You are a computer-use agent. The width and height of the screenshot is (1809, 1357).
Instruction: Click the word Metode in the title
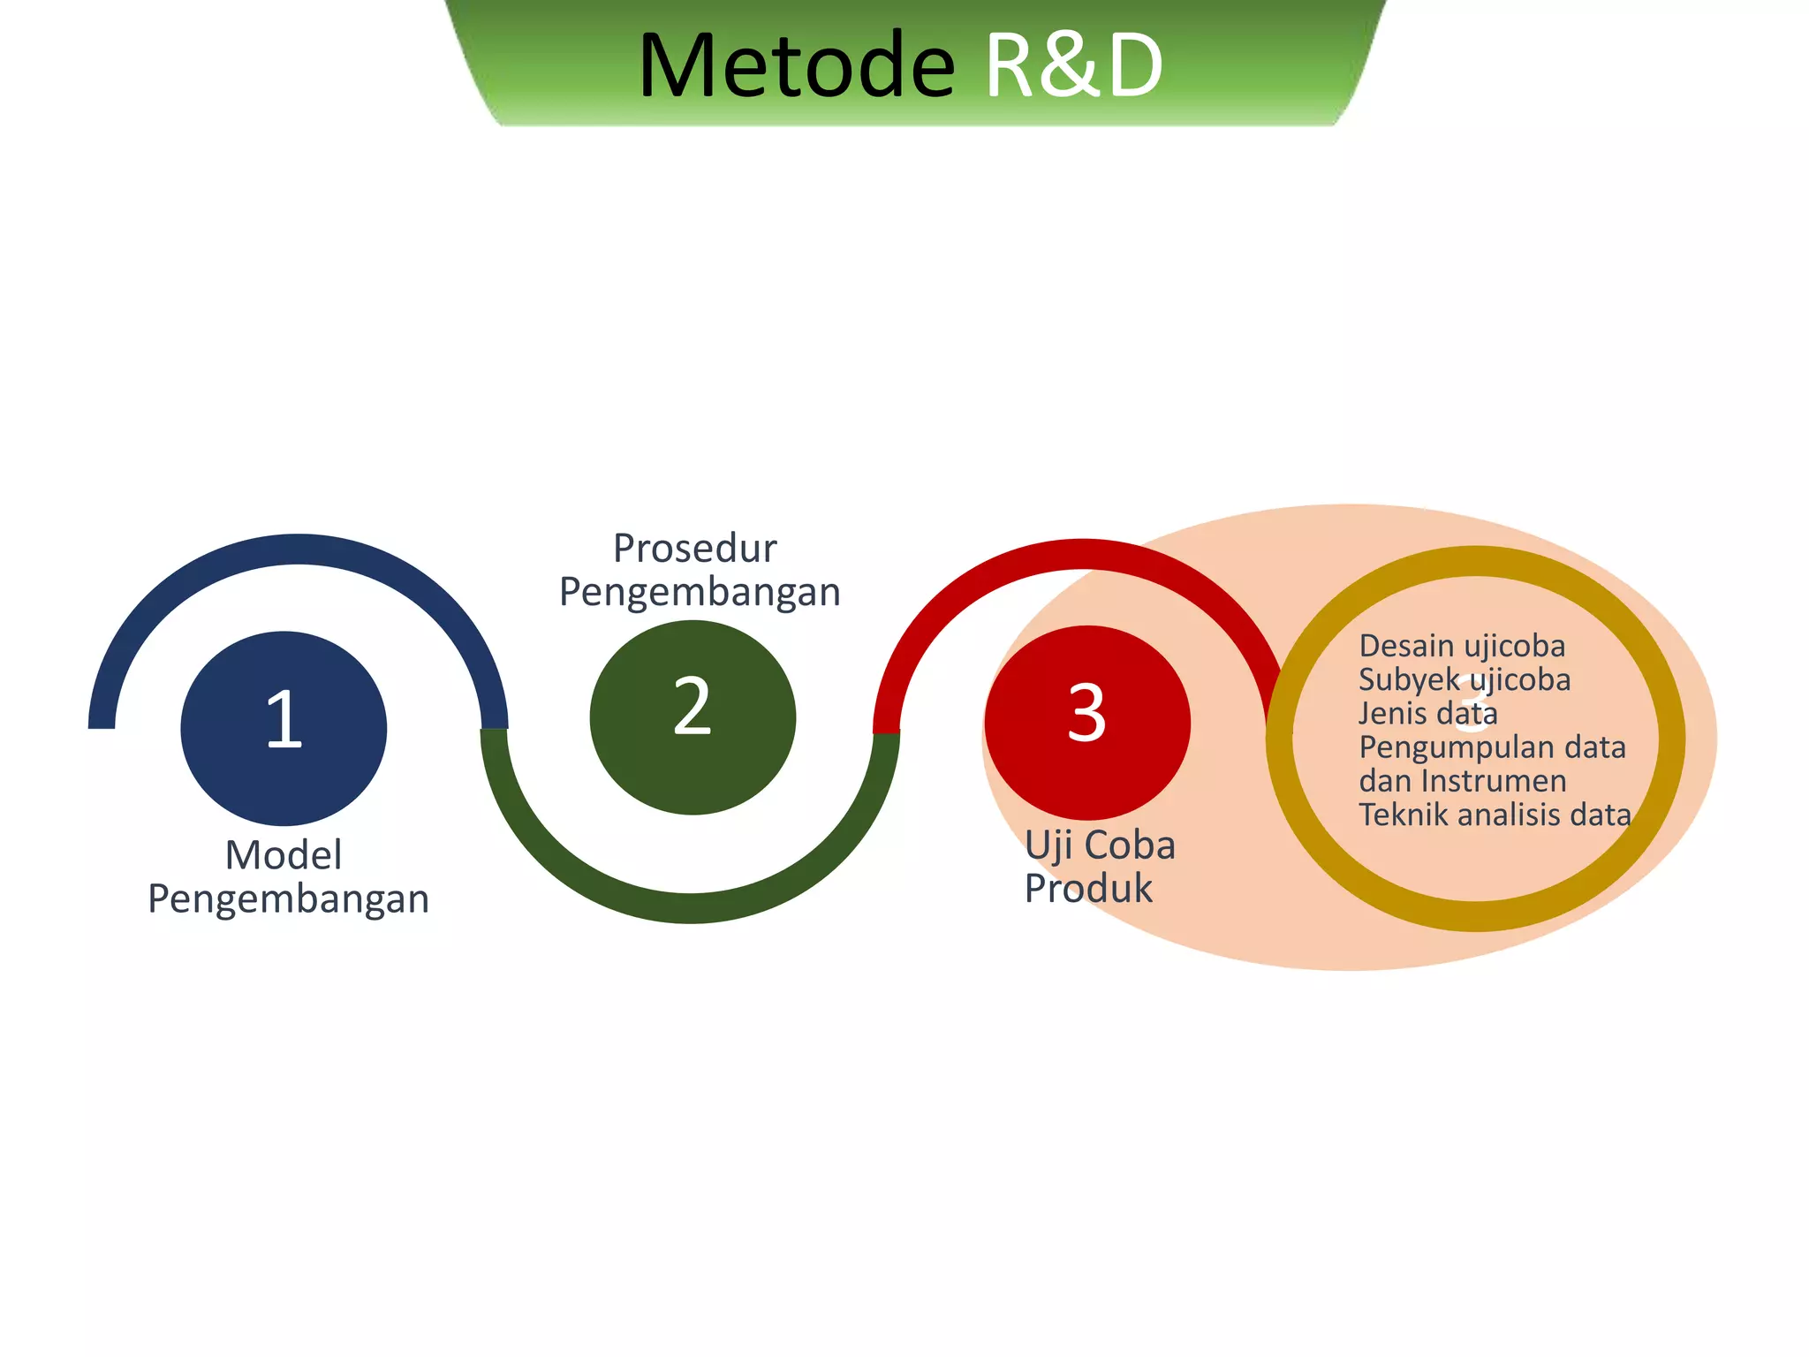click(796, 66)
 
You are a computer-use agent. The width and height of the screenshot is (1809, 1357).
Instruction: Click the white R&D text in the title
click(1073, 66)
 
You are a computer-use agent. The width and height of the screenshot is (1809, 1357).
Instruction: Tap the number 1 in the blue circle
click(284, 720)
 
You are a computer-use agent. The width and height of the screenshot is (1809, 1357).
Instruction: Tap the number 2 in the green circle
click(692, 707)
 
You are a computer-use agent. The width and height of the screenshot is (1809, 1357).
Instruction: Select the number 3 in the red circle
click(1086, 714)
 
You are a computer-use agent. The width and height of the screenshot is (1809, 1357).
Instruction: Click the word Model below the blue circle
click(284, 855)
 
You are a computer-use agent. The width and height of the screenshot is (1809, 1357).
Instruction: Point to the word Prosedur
click(695, 549)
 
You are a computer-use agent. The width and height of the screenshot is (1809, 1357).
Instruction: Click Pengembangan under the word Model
click(288, 899)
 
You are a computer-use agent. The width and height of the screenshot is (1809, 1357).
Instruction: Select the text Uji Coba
click(1100, 845)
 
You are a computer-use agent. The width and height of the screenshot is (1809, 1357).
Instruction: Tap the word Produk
click(1088, 889)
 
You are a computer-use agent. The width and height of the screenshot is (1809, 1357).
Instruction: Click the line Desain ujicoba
click(1462, 646)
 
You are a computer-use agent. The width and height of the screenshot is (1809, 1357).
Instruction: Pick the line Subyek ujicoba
click(1465, 679)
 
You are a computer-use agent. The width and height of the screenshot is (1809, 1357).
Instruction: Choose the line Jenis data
click(1427, 713)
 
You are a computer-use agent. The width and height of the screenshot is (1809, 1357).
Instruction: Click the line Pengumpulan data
click(1492, 747)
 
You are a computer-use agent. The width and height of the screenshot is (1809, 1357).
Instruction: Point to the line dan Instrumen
click(1463, 781)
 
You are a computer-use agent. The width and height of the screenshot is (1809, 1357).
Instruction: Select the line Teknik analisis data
click(1495, 815)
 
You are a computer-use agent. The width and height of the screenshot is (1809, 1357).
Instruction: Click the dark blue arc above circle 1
click(299, 549)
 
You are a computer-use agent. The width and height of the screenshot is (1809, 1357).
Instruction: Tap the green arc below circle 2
click(691, 908)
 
